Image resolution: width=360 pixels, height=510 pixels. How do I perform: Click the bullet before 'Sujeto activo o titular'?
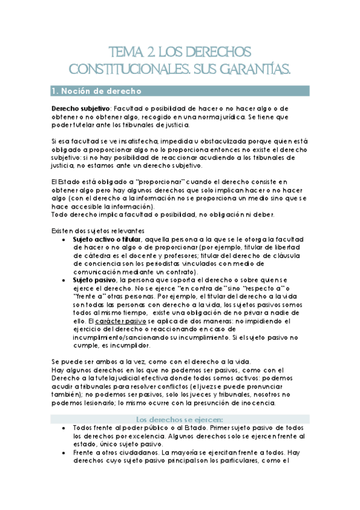click(64, 239)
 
